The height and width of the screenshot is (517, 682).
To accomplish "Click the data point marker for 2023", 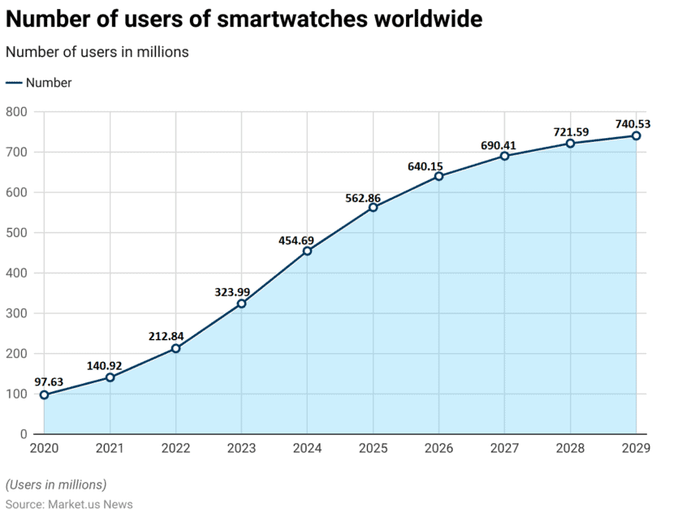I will pos(241,304).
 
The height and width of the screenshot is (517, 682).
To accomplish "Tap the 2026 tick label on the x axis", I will pos(438,448).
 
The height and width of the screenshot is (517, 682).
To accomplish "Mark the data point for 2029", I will pos(636,136).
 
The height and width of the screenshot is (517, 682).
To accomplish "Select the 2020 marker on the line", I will pos(44,395).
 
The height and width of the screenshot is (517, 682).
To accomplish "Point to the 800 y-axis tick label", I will pos(16,112).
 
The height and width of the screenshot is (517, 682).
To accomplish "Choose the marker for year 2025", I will pos(373,207).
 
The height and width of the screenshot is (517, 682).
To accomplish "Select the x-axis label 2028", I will pos(570,448).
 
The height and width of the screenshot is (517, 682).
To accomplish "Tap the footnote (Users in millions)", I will pos(56,485).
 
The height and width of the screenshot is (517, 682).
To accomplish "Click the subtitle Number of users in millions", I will pos(97,52).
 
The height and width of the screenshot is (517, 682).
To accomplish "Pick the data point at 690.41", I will pos(504,156).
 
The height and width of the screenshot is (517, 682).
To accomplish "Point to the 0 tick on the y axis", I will pos(24,435).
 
